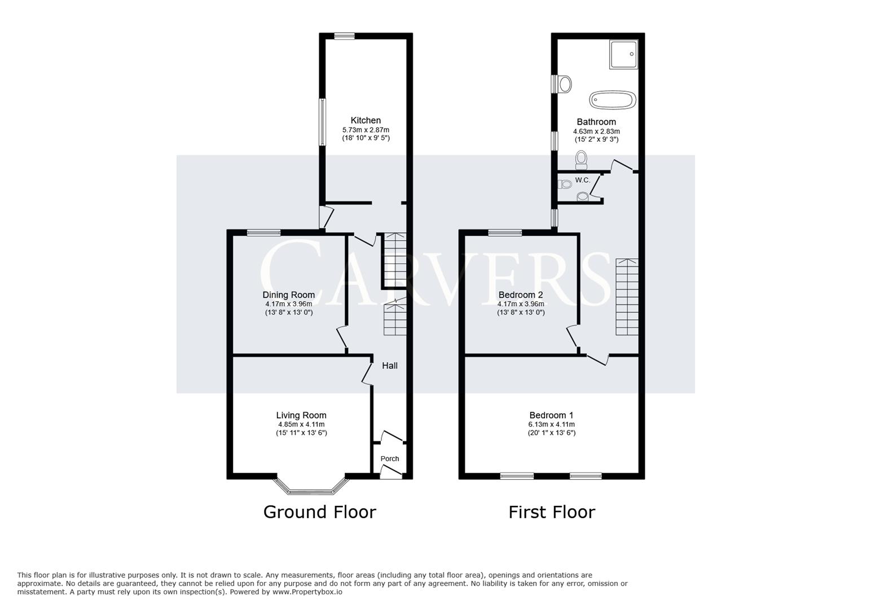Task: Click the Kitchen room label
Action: [366, 120]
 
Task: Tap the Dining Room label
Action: [288, 295]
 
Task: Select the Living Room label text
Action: [301, 416]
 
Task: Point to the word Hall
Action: [390, 365]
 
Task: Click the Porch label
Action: [390, 458]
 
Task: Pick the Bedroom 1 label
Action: [551, 415]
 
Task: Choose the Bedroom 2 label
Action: [521, 295]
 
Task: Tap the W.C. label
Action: [583, 180]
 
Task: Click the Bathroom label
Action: [596, 122]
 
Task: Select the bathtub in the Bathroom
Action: [613, 100]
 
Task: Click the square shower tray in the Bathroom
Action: [623, 54]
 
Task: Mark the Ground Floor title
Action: [319, 512]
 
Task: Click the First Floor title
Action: [552, 512]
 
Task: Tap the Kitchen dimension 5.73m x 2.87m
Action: [366, 130]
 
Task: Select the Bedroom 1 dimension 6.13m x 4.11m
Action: [551, 425]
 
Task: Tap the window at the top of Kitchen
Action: [344, 36]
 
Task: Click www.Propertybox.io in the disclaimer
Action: [307, 592]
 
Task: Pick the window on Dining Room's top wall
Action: [264, 232]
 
